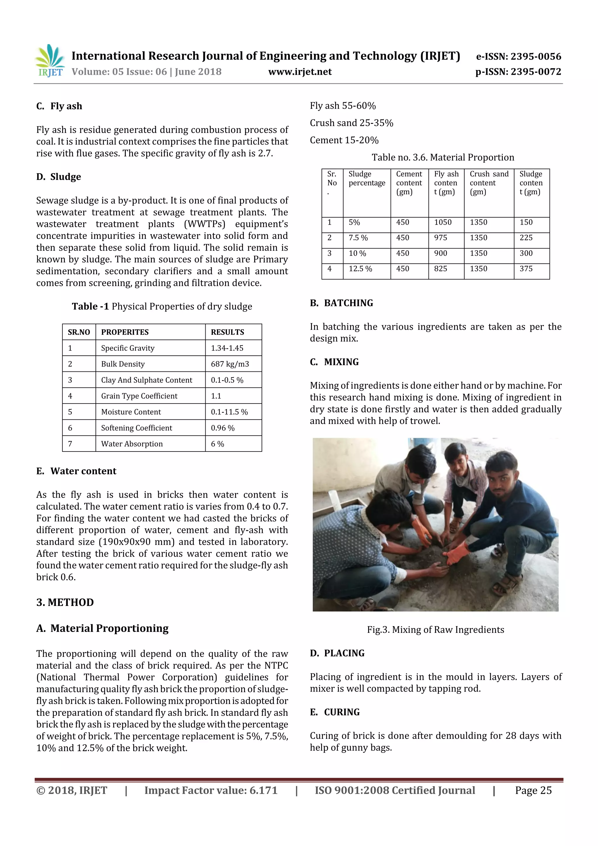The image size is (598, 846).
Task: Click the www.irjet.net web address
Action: tap(300, 72)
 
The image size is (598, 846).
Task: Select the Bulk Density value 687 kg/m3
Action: tap(230, 364)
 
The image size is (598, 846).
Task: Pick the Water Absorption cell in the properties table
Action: tap(132, 444)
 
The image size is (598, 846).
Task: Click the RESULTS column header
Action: tap(227, 332)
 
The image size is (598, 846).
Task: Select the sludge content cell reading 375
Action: tap(526, 269)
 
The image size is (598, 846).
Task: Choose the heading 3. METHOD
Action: tap(65, 602)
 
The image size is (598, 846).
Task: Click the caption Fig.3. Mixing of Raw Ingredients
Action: tap(435, 630)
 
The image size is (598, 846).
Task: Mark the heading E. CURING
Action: tap(335, 712)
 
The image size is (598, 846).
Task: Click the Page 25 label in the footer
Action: tap(533, 790)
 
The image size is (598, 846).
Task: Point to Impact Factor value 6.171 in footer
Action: tap(211, 790)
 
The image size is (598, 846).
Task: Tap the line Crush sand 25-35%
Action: tap(351, 123)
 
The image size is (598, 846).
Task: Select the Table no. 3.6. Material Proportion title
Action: tap(442, 157)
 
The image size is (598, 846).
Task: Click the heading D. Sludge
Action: tap(59, 177)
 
